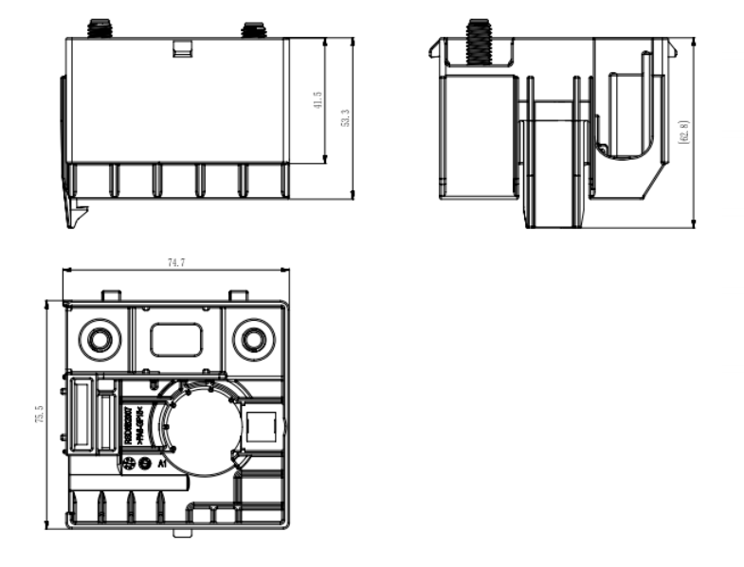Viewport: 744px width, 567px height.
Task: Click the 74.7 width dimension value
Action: pos(175,262)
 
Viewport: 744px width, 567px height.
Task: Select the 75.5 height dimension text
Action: pos(39,415)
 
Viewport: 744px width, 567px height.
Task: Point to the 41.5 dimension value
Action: pos(318,100)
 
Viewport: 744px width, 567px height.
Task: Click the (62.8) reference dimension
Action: pos(684,132)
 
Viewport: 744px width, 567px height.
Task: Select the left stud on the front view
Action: pos(96,28)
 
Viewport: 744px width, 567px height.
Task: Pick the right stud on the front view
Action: pos(252,29)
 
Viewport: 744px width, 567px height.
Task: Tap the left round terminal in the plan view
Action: pos(98,340)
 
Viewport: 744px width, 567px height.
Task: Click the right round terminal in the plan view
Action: pos(252,340)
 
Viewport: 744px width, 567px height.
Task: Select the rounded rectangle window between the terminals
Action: pos(175,340)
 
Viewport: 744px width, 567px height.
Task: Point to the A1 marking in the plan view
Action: pos(163,464)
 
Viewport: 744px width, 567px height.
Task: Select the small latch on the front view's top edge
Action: pos(183,47)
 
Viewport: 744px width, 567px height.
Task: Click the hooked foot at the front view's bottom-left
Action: pos(74,210)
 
